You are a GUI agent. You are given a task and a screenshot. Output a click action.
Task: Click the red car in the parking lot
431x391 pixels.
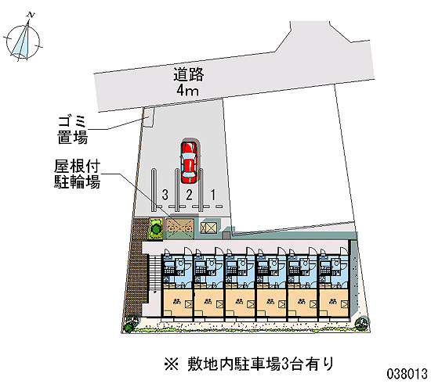pos(189,162)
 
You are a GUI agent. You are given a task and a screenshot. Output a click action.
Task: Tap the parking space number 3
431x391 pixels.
pos(165,195)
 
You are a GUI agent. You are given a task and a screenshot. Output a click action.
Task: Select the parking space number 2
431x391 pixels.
pos(189,195)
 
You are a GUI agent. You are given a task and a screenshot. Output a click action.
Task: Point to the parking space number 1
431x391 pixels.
pos(213,195)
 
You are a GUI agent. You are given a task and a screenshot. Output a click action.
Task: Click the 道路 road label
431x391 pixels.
pos(189,74)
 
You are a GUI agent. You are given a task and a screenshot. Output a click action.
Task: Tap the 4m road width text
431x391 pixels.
pos(188,90)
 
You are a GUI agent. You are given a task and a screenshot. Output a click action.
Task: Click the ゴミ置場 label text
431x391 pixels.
pos(73,130)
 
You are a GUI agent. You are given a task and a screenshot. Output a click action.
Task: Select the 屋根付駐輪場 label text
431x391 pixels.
pos(77,174)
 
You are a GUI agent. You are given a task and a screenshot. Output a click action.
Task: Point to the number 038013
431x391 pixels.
pos(407,374)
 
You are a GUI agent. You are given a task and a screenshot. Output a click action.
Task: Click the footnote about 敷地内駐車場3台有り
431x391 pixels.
pos(249,364)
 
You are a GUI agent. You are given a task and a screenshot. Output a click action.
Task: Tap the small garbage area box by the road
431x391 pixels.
pos(148,117)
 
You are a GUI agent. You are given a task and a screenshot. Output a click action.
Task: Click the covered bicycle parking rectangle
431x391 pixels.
pos(179,228)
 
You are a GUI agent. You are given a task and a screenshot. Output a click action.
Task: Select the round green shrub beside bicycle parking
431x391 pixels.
pos(156,228)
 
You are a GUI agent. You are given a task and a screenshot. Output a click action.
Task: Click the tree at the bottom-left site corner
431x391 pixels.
pos(130,323)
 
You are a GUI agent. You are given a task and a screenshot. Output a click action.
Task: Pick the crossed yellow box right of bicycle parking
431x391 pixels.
pos(209,228)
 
